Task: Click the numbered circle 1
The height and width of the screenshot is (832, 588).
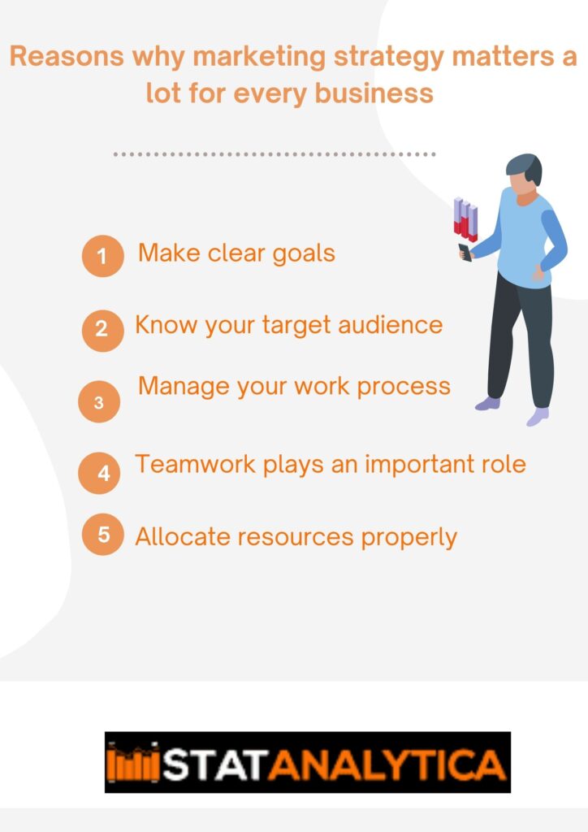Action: tap(103, 256)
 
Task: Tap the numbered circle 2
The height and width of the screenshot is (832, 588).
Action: tap(103, 331)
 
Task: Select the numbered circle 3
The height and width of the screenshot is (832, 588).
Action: tap(99, 401)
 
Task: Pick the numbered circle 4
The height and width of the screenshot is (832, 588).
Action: tap(99, 474)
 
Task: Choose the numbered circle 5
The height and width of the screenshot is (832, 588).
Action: tap(103, 535)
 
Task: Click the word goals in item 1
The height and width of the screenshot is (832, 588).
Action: tap(304, 254)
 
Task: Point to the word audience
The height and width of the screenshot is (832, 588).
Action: tap(390, 325)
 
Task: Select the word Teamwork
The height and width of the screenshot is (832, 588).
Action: tap(196, 464)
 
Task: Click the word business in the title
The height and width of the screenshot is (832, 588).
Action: tap(374, 93)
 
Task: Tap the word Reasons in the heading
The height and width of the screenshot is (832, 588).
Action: tap(67, 56)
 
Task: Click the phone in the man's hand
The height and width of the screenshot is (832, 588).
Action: tap(465, 252)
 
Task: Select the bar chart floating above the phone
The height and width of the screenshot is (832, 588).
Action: tap(465, 219)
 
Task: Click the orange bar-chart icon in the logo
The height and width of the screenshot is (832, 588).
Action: tap(133, 763)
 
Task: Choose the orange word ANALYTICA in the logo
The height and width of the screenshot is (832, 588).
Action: tap(387, 765)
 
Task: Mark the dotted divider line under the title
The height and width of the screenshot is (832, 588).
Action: tap(275, 154)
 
